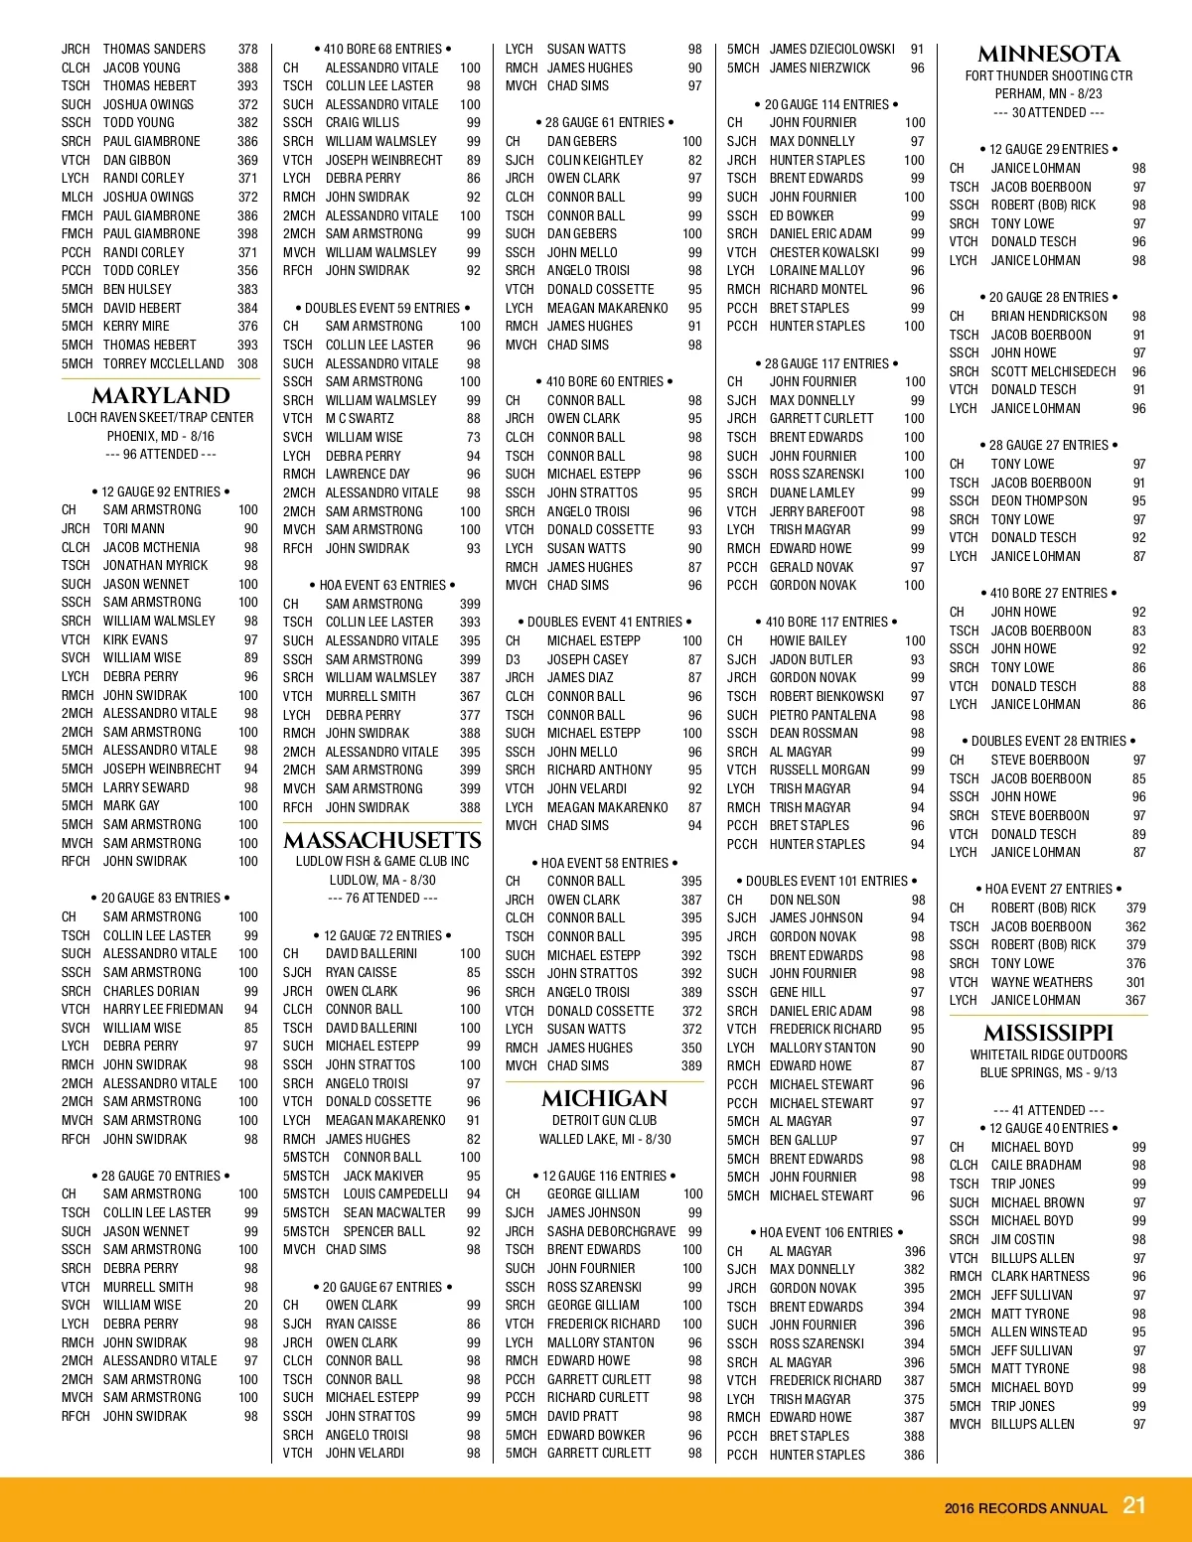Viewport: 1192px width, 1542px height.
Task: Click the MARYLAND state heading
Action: pyautogui.click(x=160, y=395)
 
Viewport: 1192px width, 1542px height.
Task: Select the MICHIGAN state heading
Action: pyautogui.click(x=604, y=1098)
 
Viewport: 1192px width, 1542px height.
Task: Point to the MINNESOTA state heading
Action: pyautogui.click(x=1048, y=54)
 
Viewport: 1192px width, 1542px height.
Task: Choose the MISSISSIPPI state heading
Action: pyautogui.click(x=1048, y=1033)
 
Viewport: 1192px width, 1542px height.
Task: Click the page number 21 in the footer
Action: pyautogui.click(x=1133, y=1505)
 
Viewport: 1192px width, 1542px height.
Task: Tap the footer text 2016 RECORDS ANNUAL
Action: pyautogui.click(x=1025, y=1508)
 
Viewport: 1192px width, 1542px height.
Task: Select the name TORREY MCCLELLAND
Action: pyautogui.click(x=163, y=363)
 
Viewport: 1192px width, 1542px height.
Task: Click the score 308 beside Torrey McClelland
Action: pyautogui.click(x=247, y=363)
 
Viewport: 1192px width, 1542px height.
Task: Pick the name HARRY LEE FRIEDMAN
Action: pyautogui.click(x=163, y=1009)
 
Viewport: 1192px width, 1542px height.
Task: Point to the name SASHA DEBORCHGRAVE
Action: pyautogui.click(x=611, y=1231)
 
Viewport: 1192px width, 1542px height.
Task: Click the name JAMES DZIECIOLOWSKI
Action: pyautogui.click(x=831, y=49)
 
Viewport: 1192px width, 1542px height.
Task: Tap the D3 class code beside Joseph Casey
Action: pyautogui.click(x=513, y=659)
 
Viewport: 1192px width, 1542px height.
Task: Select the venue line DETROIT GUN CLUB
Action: pyautogui.click(x=604, y=1120)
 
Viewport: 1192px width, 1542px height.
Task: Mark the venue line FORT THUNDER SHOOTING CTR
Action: pyautogui.click(x=1048, y=75)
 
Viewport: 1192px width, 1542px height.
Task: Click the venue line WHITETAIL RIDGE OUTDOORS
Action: pyautogui.click(x=1048, y=1054)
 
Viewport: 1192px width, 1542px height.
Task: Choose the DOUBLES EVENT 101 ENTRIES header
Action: pyautogui.click(x=826, y=881)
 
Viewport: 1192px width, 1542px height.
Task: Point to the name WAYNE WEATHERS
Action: pyautogui.click(x=1041, y=982)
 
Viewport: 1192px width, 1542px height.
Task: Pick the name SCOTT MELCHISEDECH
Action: pyautogui.click(x=1053, y=371)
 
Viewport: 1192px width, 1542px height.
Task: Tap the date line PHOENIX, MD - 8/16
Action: pyautogui.click(x=160, y=436)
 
